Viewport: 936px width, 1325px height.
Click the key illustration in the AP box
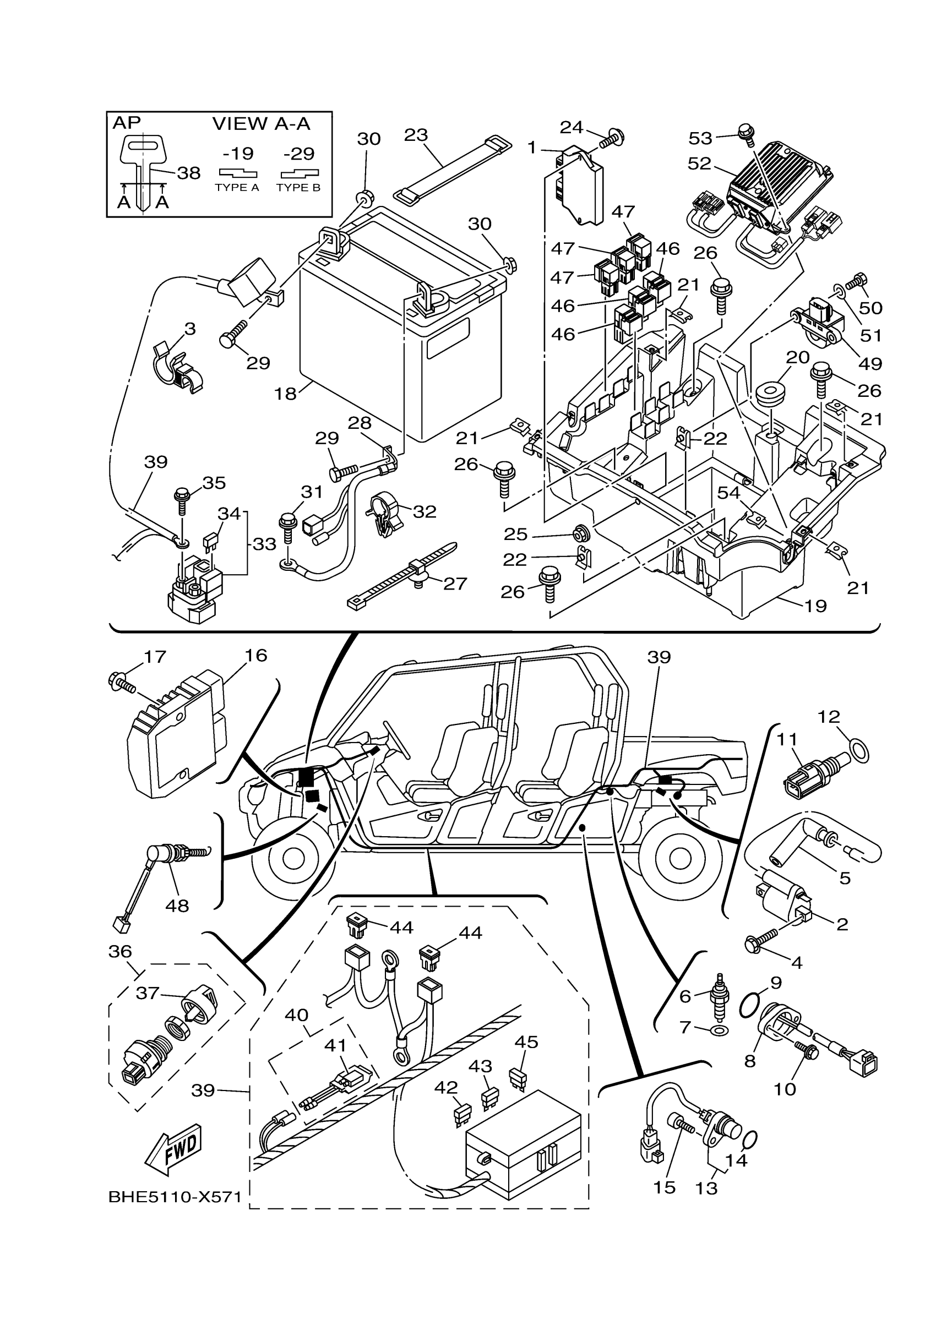tap(143, 167)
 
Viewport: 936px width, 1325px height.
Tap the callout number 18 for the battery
tap(285, 394)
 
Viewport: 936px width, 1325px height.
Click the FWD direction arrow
tap(173, 1148)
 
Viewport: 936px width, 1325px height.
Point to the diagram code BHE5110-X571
tap(175, 1197)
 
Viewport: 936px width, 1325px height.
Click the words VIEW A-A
tap(262, 123)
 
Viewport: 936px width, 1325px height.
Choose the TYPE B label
tap(298, 188)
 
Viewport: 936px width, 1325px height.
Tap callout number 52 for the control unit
tap(699, 163)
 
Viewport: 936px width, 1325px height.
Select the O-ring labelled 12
tap(860, 752)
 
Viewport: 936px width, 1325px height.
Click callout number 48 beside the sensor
tap(177, 906)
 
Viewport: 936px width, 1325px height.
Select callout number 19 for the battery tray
tap(815, 606)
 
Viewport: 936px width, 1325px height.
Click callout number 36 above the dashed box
tap(120, 951)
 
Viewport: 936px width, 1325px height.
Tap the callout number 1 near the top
tap(532, 148)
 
